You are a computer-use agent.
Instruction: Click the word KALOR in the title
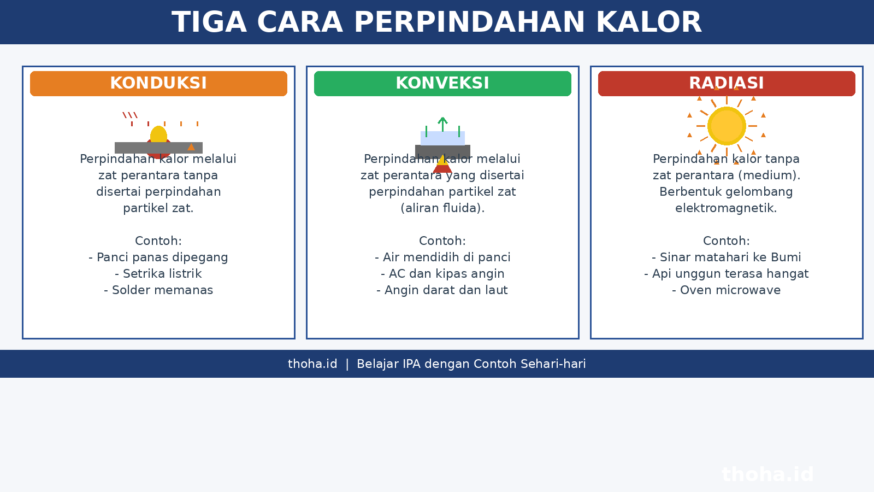pos(649,22)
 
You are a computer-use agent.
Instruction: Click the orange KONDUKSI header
pos(158,84)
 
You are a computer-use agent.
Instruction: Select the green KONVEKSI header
pos(442,84)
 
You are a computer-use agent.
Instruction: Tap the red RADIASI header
pos(727,84)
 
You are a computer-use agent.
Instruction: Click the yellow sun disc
pos(727,126)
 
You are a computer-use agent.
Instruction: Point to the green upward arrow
pos(442,124)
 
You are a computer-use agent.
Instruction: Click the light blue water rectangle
pos(442,138)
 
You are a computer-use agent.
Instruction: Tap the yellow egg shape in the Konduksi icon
pos(158,134)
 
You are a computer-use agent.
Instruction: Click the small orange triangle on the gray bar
pos(191,147)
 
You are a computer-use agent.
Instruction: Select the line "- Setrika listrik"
pos(158,274)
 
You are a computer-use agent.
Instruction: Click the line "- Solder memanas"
pos(158,290)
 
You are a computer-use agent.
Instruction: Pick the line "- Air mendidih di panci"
pos(442,257)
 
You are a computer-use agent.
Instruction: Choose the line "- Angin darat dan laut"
pos(442,290)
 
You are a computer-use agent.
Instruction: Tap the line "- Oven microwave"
pos(727,290)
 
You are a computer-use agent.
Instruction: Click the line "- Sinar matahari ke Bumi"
pos(727,257)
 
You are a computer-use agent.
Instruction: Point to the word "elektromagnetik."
pos(726,208)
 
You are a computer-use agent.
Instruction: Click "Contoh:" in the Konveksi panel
pos(442,241)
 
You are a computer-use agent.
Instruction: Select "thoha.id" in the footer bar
pos(312,364)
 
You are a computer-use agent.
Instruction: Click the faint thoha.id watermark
pos(768,475)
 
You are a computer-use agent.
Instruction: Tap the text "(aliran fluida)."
pos(442,208)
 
